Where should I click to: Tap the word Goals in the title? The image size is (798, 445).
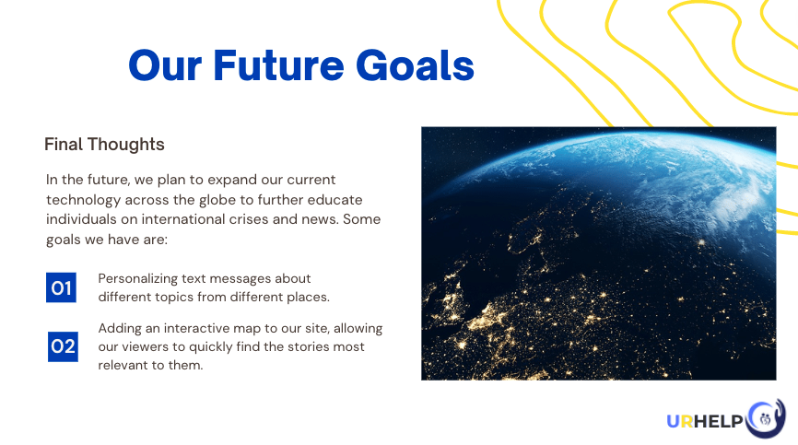click(x=415, y=65)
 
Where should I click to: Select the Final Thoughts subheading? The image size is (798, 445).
click(x=104, y=145)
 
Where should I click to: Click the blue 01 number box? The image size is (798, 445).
click(x=61, y=287)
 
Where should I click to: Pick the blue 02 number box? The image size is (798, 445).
click(x=63, y=346)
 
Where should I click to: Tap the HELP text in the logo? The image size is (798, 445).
click(x=719, y=421)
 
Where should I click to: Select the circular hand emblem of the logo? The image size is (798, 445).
click(x=766, y=418)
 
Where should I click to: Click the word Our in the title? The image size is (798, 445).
click(x=165, y=65)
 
